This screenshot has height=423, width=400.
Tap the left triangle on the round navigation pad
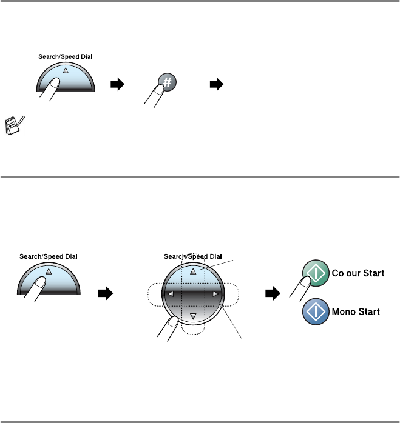171,295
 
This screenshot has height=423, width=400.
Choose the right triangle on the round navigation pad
215,295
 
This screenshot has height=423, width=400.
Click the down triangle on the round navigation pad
193,316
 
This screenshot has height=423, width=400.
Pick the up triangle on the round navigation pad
193,271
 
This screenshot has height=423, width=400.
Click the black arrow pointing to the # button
116,86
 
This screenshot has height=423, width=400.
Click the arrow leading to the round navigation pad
105,295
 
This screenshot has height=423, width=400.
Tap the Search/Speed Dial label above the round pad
192,256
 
